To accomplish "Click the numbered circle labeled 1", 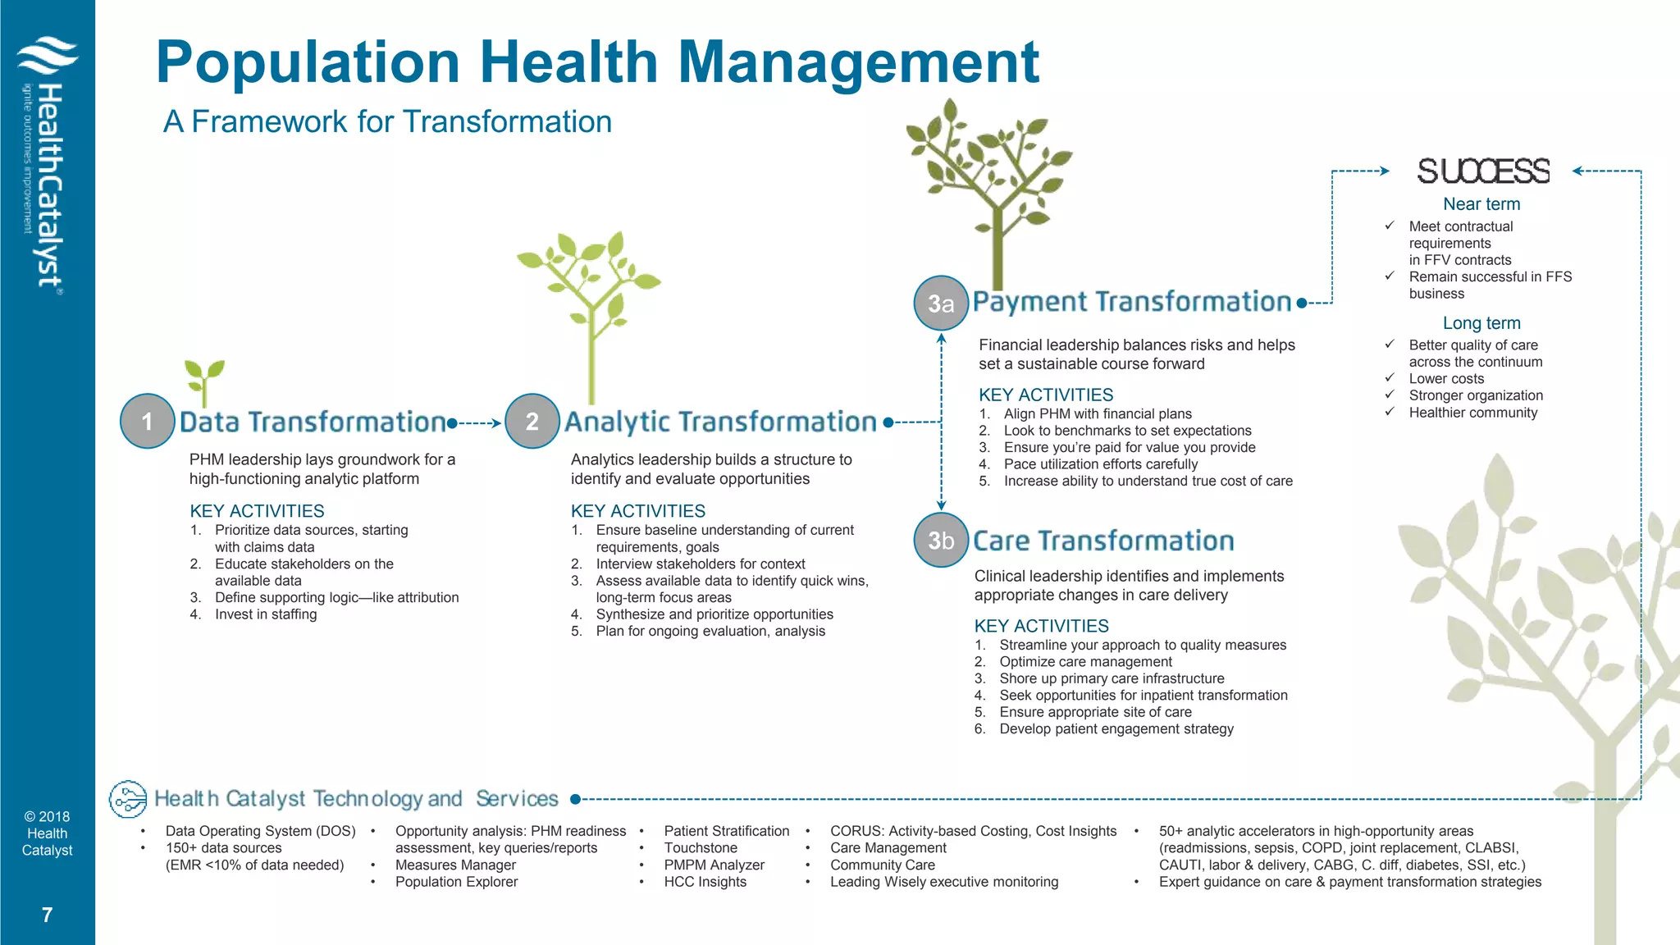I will pos(148,421).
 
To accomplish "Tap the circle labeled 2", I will pos(532,421).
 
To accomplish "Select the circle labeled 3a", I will pos(941,304).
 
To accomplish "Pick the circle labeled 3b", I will pos(941,540).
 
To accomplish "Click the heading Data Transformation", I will pos(313,422).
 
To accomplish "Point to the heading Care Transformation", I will pos(1103,541).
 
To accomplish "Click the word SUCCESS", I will pos(1483,171).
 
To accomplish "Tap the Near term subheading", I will pos(1481,204).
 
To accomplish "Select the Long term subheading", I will pos(1481,323).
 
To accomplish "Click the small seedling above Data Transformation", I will pos(203,381).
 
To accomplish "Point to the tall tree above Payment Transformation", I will pos(990,189).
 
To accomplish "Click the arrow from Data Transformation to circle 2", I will pos(478,423).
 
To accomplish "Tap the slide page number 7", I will pos(47,915).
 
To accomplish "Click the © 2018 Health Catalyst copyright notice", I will pos(47,833).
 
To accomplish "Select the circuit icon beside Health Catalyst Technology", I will pos(128,799).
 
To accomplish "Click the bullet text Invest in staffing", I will pos(266,614).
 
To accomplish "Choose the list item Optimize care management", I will pos(1085,662).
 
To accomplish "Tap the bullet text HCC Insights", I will pos(705,882).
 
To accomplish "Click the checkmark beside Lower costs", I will pos(1390,378).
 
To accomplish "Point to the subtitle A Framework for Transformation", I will pos(387,121).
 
